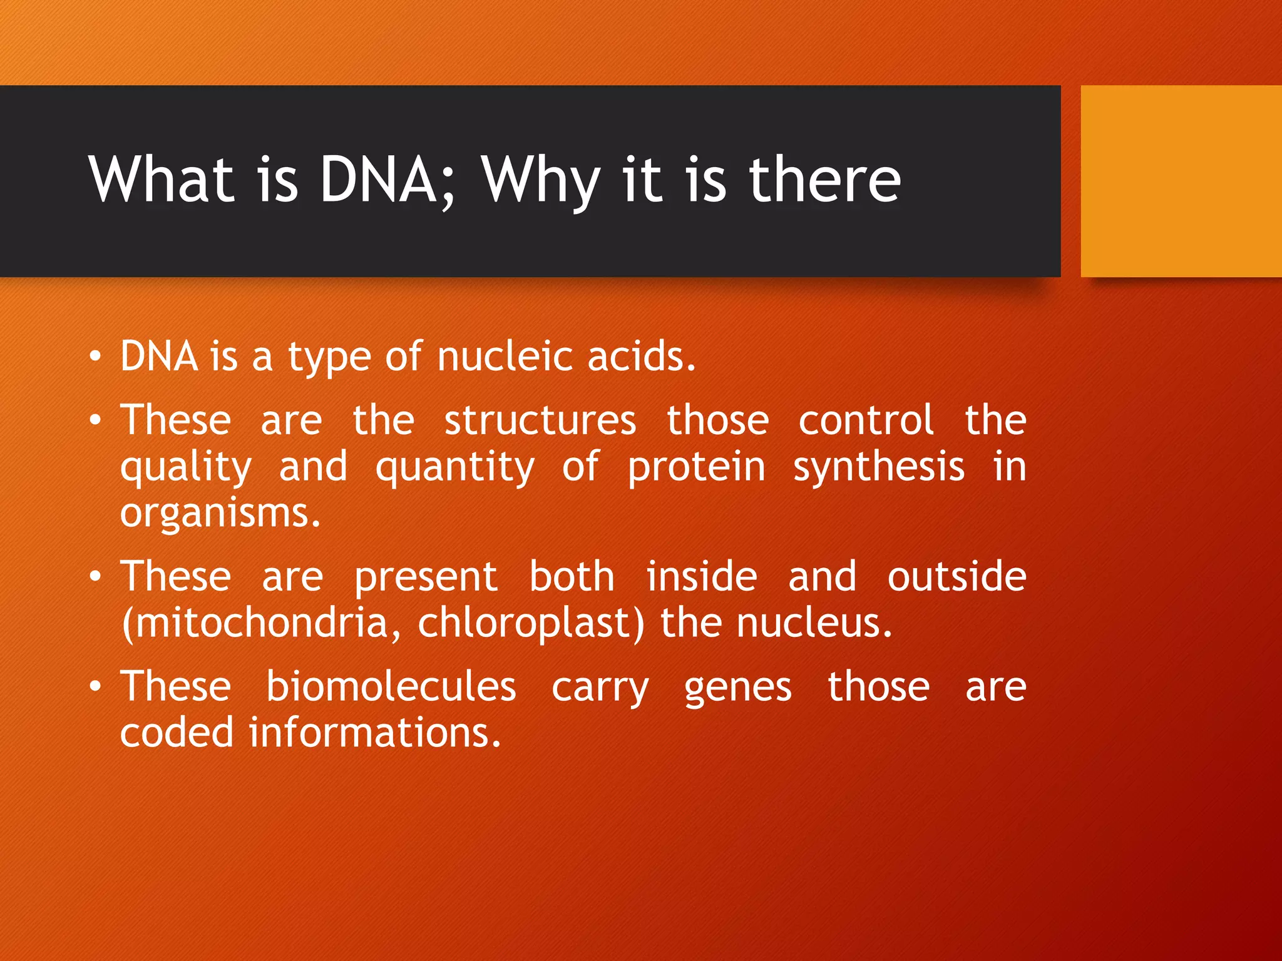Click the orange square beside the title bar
pyautogui.click(x=1181, y=181)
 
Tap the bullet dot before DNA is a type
pyautogui.click(x=95, y=357)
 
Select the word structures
pyautogui.click(x=540, y=420)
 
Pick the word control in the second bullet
pyautogui.click(x=866, y=420)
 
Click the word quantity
pyautogui.click(x=455, y=468)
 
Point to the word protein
pyautogui.click(x=696, y=468)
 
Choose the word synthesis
pyautogui.click(x=878, y=468)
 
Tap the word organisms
pyautogui.click(x=220, y=514)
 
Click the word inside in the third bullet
pyautogui.click(x=702, y=577)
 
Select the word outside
pyautogui.click(x=956, y=577)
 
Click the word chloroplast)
pyautogui.click(x=531, y=624)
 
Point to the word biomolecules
pyautogui.click(x=391, y=687)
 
